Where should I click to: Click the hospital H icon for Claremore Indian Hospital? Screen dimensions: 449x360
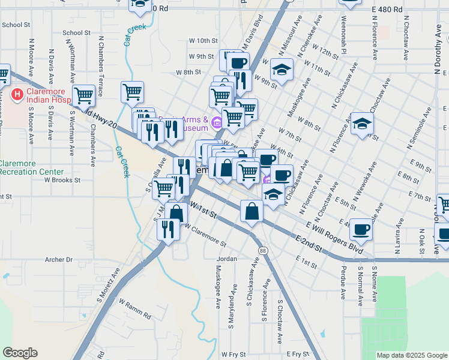click(17, 95)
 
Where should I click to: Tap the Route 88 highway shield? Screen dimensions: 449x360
click(263, 250)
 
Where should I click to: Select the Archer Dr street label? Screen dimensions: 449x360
click(59, 260)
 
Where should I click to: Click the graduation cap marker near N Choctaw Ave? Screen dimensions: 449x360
click(362, 124)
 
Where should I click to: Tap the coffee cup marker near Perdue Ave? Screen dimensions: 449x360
click(361, 229)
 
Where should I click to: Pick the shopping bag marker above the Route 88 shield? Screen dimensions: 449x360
click(252, 211)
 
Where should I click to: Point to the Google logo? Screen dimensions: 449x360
click(20, 353)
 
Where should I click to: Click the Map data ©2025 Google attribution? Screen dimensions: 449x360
click(412, 355)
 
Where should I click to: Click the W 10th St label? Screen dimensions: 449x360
click(203, 40)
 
